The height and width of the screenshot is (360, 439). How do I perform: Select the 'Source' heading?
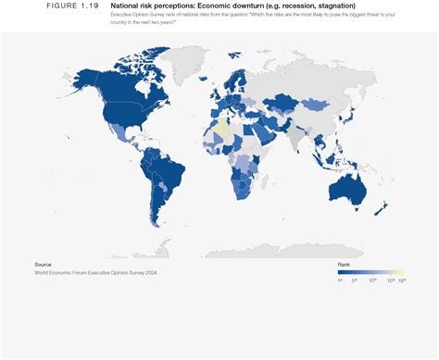(x=43, y=265)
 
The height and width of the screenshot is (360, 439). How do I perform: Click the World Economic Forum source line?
(x=96, y=273)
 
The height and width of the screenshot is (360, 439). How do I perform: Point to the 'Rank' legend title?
(x=344, y=265)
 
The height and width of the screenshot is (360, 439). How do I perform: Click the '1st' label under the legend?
(x=340, y=280)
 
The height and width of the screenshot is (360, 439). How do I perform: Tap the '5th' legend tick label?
(x=355, y=280)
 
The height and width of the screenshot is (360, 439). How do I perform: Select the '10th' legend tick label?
(x=372, y=280)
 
